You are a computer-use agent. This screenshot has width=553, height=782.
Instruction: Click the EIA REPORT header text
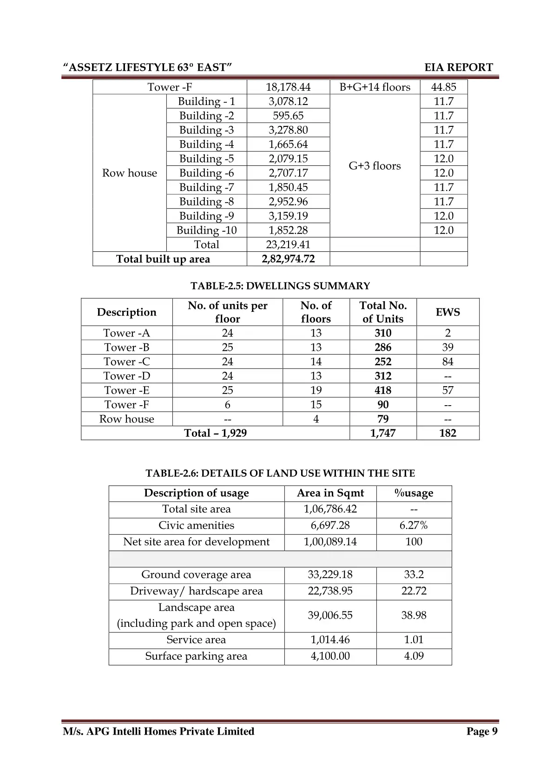click(x=458, y=67)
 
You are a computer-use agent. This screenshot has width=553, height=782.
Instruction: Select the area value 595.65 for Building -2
click(x=288, y=116)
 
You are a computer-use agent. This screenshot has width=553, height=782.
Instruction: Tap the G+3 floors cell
click(x=375, y=166)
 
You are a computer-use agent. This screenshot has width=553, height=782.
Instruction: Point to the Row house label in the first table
click(x=130, y=173)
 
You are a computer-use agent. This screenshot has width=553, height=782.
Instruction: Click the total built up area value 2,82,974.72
click(x=288, y=259)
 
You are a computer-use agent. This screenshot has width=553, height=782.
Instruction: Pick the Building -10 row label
click(x=206, y=230)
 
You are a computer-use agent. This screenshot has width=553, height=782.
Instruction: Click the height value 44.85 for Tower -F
click(x=443, y=87)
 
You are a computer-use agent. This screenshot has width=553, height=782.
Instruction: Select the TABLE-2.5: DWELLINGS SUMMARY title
click(x=280, y=286)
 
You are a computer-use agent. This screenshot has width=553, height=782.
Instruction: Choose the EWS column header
click(x=448, y=312)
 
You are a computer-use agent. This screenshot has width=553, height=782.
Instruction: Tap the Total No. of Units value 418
click(x=383, y=390)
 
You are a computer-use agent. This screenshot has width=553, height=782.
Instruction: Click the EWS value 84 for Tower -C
click(x=448, y=361)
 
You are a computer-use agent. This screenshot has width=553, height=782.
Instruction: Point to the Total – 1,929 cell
click(x=215, y=433)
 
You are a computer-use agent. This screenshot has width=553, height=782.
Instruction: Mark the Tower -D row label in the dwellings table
click(x=127, y=376)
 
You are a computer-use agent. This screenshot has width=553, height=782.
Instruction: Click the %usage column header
click(x=414, y=493)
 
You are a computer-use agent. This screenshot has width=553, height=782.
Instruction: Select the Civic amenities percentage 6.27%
click(x=414, y=526)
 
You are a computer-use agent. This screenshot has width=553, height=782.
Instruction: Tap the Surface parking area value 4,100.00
click(x=330, y=656)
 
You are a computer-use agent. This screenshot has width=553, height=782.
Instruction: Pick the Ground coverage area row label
click(x=196, y=575)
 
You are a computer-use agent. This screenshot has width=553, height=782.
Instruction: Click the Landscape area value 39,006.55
click(x=330, y=615)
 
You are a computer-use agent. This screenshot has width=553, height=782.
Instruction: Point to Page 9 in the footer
click(x=482, y=731)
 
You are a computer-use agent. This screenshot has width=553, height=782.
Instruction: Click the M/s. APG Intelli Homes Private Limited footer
click(x=158, y=731)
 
